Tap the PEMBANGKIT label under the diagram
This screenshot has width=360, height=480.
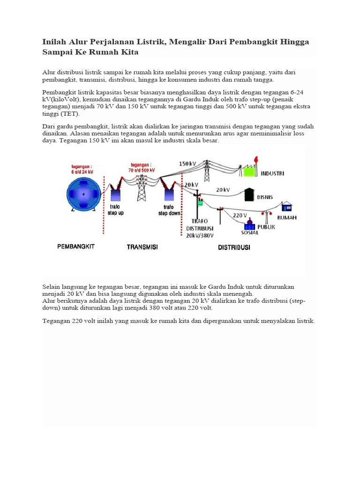pyautogui.click(x=75, y=246)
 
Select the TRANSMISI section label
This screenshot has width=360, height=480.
pyautogui.click(x=142, y=247)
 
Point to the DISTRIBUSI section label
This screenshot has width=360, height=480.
pyautogui.click(x=234, y=247)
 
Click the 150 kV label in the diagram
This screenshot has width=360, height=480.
pyautogui.click(x=187, y=164)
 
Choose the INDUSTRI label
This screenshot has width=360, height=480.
pyautogui.click(x=272, y=173)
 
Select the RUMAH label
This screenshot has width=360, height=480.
pyautogui.click(x=287, y=217)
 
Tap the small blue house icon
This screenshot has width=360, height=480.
pyautogui.click(x=286, y=207)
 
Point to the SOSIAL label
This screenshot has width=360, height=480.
pyautogui.click(x=250, y=232)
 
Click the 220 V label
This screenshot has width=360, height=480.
pyautogui.click(x=240, y=215)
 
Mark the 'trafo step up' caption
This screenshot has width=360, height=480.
pyautogui.click(x=115, y=210)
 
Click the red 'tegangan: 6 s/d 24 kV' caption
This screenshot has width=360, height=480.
pyautogui.click(x=82, y=169)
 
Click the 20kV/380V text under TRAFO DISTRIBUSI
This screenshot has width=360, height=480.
pyautogui.click(x=200, y=236)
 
